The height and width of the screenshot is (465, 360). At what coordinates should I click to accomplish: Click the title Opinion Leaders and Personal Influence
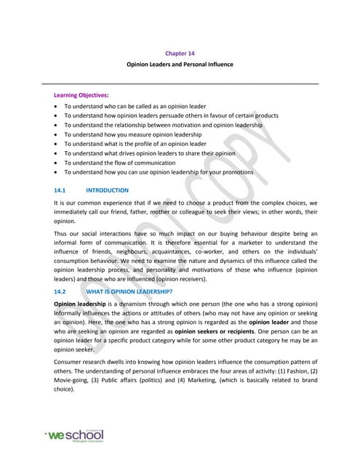point(180,65)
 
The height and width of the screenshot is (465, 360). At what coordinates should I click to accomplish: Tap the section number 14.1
point(60,190)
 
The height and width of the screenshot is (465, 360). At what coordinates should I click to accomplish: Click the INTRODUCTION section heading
point(107,190)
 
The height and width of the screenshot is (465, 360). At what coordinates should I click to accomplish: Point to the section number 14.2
point(60,289)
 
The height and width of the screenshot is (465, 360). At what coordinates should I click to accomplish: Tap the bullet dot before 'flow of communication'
point(56,163)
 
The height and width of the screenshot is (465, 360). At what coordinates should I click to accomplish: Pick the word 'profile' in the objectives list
point(146,144)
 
